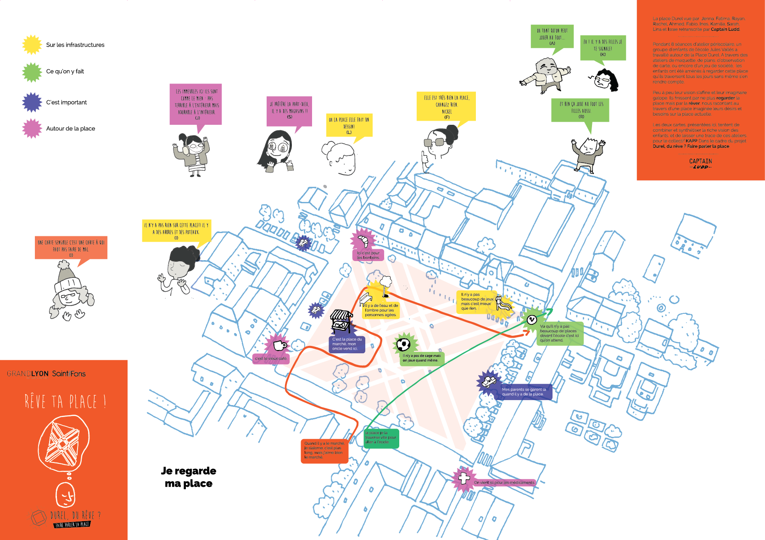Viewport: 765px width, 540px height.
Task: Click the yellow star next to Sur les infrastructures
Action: (32, 45)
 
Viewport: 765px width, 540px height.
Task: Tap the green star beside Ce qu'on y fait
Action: (32, 72)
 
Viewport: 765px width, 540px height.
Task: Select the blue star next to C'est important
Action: (32, 102)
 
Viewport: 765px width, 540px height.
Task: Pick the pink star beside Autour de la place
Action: (32, 128)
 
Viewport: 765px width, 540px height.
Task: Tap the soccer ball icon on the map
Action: (403, 344)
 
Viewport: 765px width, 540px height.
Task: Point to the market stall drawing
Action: (341, 321)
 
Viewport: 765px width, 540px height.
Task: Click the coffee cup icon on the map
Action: (279, 345)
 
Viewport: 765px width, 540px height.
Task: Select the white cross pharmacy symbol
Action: (464, 478)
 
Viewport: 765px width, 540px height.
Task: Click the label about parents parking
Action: (524, 392)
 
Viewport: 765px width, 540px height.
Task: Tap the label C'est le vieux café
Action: (271, 358)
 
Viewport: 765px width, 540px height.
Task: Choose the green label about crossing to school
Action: (381, 438)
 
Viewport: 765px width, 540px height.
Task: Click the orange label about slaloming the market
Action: (324, 450)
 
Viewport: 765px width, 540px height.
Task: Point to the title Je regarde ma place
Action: (189, 477)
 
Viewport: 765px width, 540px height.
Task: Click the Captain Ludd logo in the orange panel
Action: (701, 163)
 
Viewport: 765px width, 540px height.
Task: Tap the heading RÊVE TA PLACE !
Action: (66, 401)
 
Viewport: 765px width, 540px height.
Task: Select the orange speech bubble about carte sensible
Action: (71, 248)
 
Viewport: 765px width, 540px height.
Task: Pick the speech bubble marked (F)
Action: (446, 107)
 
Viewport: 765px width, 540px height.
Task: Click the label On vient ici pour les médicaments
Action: (504, 482)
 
